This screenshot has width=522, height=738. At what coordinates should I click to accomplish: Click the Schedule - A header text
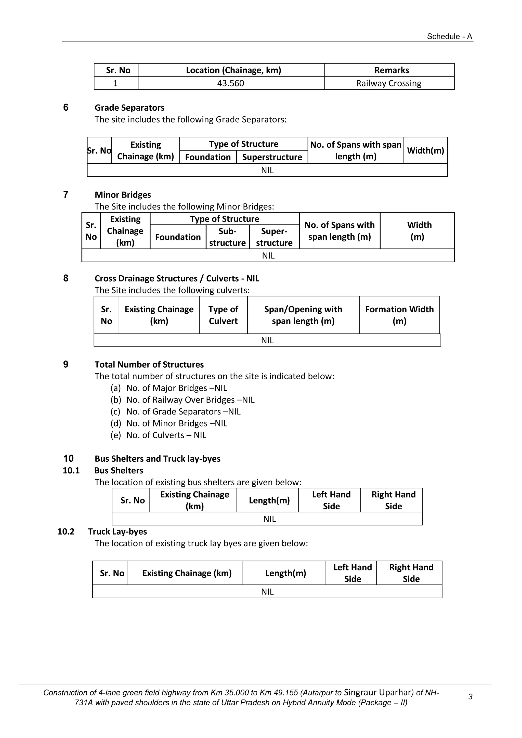(449, 36)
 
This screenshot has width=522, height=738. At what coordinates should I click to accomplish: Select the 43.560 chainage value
(230, 83)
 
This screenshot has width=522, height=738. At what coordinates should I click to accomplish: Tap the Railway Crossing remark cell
(389, 83)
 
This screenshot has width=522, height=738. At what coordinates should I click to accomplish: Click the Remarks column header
(391, 70)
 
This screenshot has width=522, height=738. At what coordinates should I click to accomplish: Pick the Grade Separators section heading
(129, 108)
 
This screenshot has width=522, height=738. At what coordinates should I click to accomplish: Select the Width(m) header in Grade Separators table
(425, 150)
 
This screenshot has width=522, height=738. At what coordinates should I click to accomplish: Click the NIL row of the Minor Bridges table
(268, 255)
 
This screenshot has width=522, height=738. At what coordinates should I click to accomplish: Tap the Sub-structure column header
(227, 237)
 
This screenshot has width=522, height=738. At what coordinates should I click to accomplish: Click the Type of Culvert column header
(223, 315)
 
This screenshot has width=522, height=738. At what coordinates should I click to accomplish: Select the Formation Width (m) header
(399, 315)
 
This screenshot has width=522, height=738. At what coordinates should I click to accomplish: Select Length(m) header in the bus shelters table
(269, 500)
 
